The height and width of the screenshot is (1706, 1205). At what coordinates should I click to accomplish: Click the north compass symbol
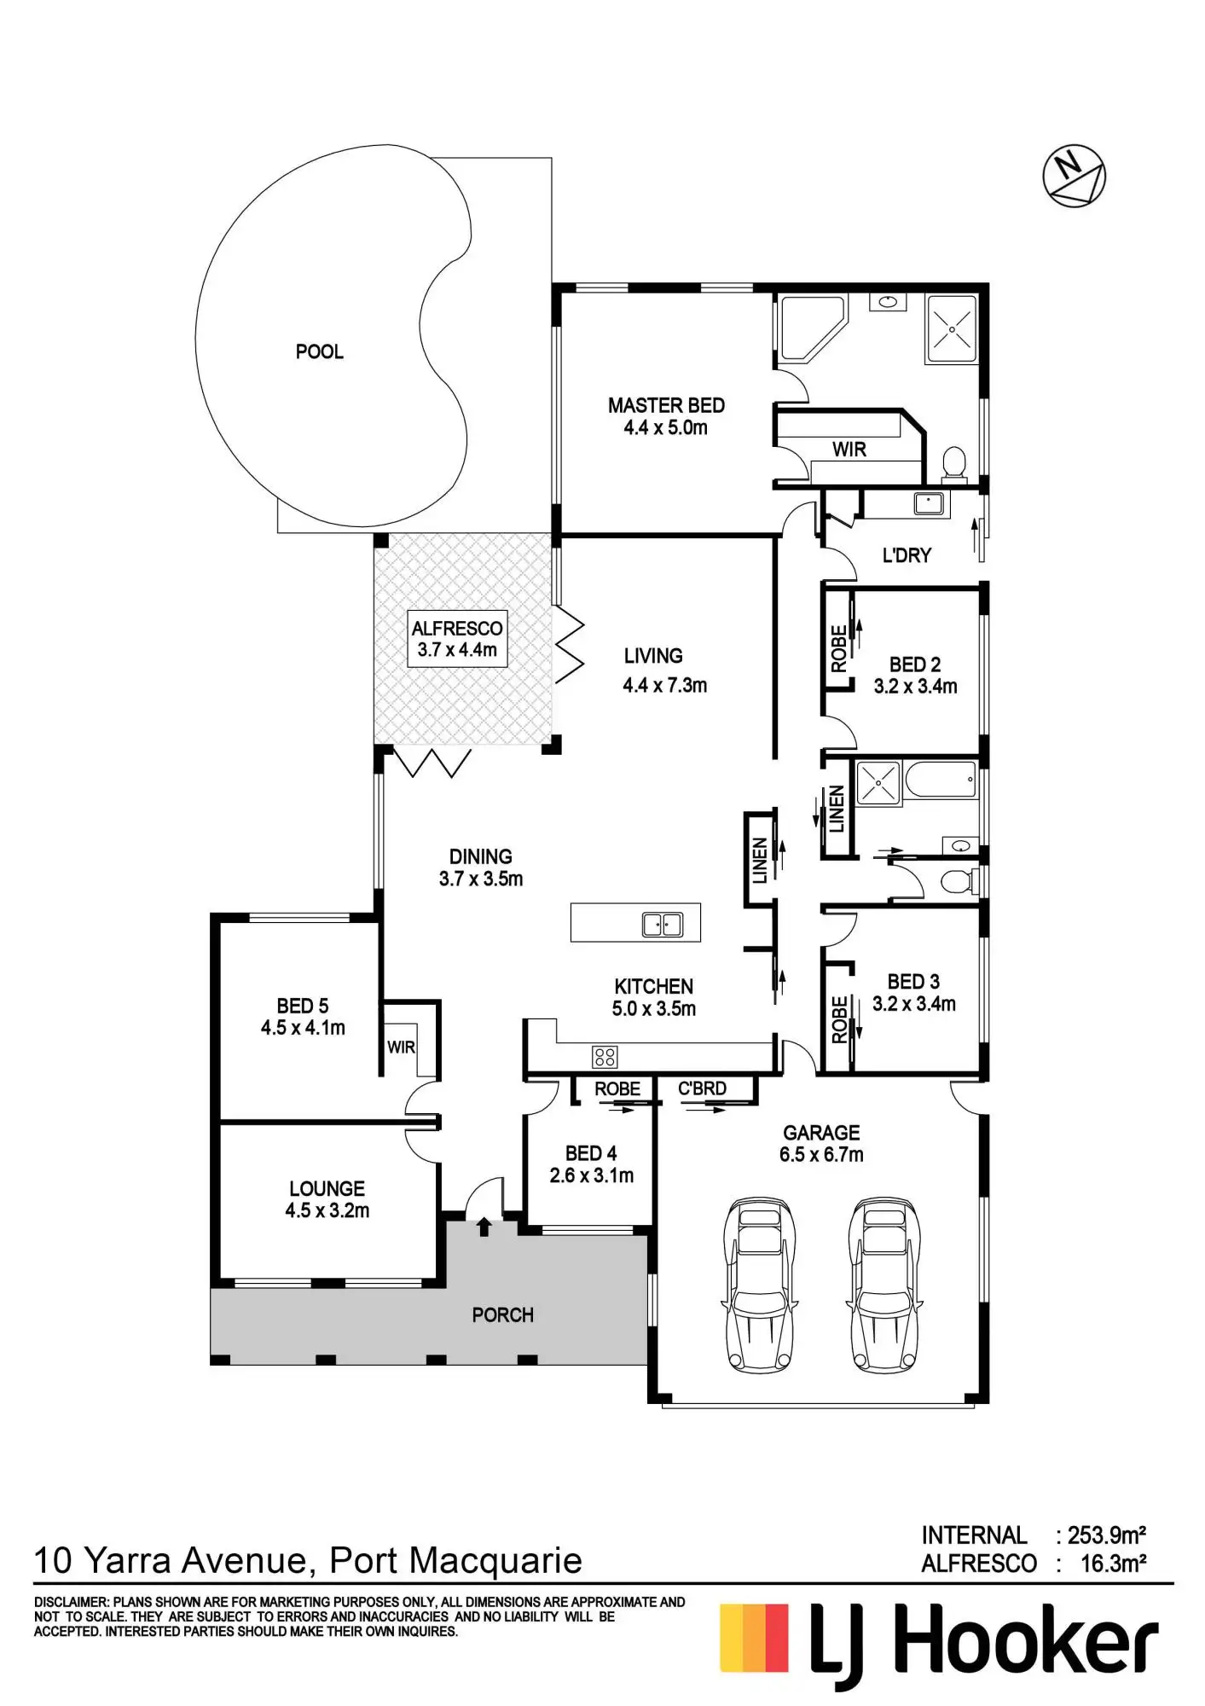1074,177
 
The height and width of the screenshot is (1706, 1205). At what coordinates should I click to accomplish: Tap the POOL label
319,351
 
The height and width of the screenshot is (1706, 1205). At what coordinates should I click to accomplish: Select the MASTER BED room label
666,406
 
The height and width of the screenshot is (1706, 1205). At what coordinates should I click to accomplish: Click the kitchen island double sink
662,923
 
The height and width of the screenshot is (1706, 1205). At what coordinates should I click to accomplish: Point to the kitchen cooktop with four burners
605,1058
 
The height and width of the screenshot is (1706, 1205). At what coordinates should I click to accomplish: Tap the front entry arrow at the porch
484,1227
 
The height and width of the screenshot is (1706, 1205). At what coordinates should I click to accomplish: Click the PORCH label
502,1315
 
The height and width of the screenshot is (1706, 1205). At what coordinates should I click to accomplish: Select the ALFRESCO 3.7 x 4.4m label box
457,639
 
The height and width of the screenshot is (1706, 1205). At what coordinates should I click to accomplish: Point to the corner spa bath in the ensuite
809,328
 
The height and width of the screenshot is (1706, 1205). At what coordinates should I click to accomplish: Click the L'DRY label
907,555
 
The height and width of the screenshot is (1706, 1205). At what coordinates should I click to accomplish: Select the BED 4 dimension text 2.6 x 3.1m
591,1175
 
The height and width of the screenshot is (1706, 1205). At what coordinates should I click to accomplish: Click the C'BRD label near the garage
702,1089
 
